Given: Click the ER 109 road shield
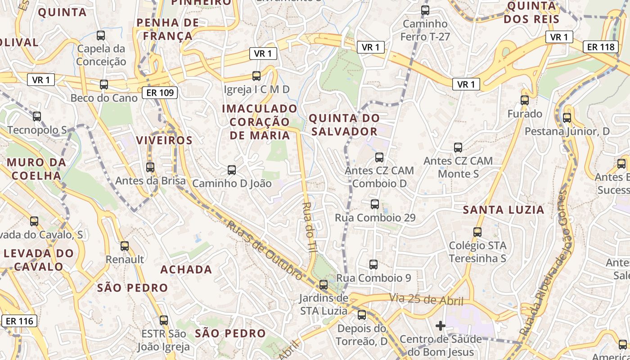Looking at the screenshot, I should (x=160, y=93).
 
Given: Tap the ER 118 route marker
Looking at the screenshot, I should (x=601, y=46).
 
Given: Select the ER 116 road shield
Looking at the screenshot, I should (x=19, y=321).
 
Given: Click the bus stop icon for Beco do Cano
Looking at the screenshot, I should (x=104, y=84).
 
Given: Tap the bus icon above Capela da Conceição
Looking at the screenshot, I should (x=101, y=35).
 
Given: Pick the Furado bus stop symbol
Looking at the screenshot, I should (x=525, y=100).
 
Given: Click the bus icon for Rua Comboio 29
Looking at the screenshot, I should (x=375, y=204).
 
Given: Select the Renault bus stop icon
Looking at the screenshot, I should (x=125, y=246).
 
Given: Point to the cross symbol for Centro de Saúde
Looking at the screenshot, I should (x=441, y=325).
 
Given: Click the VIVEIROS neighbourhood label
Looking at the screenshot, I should (x=164, y=140).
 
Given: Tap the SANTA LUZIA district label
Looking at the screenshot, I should (x=504, y=210).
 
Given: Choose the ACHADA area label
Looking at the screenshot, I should (x=186, y=270).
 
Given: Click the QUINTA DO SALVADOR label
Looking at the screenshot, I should (x=344, y=125).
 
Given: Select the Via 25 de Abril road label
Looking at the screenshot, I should (x=426, y=298).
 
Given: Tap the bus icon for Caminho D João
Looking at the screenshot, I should (x=232, y=170).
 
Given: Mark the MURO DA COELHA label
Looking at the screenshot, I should (x=36, y=169).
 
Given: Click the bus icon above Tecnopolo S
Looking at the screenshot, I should (x=37, y=117).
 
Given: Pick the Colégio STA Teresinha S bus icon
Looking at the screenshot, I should (x=477, y=232).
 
